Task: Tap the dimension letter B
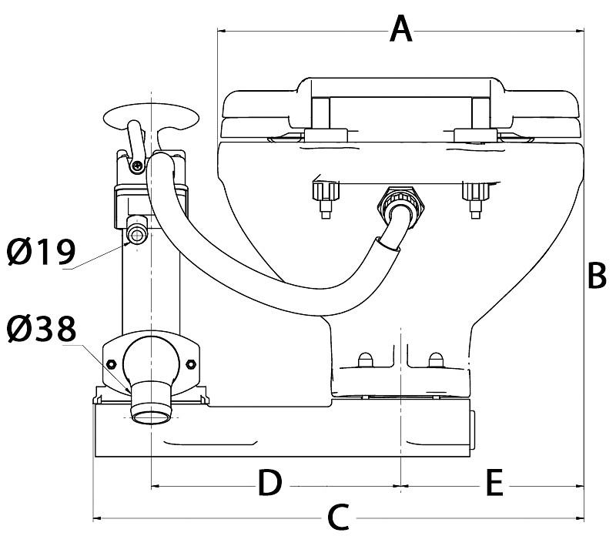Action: pyautogui.click(x=597, y=275)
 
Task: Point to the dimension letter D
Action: pyautogui.click(x=269, y=483)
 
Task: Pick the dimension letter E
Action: pyautogui.click(x=494, y=483)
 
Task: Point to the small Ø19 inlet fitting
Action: pyautogui.click(x=138, y=234)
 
